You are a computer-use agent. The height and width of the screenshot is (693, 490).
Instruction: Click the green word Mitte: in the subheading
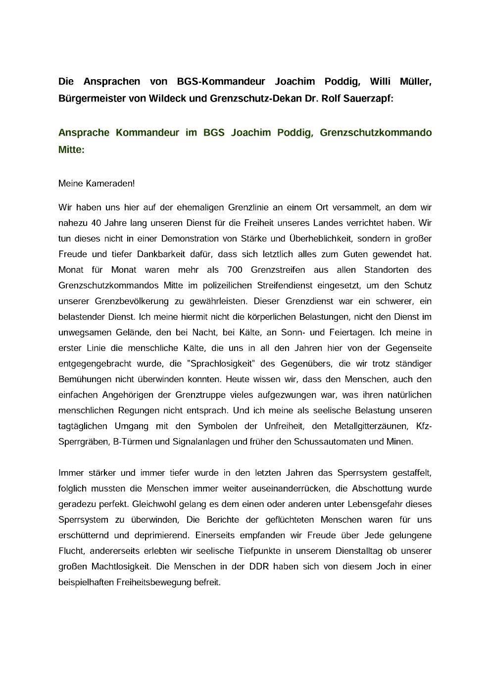tap(71, 149)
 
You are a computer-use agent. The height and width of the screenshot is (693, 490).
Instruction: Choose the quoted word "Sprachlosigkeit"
tap(219, 363)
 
